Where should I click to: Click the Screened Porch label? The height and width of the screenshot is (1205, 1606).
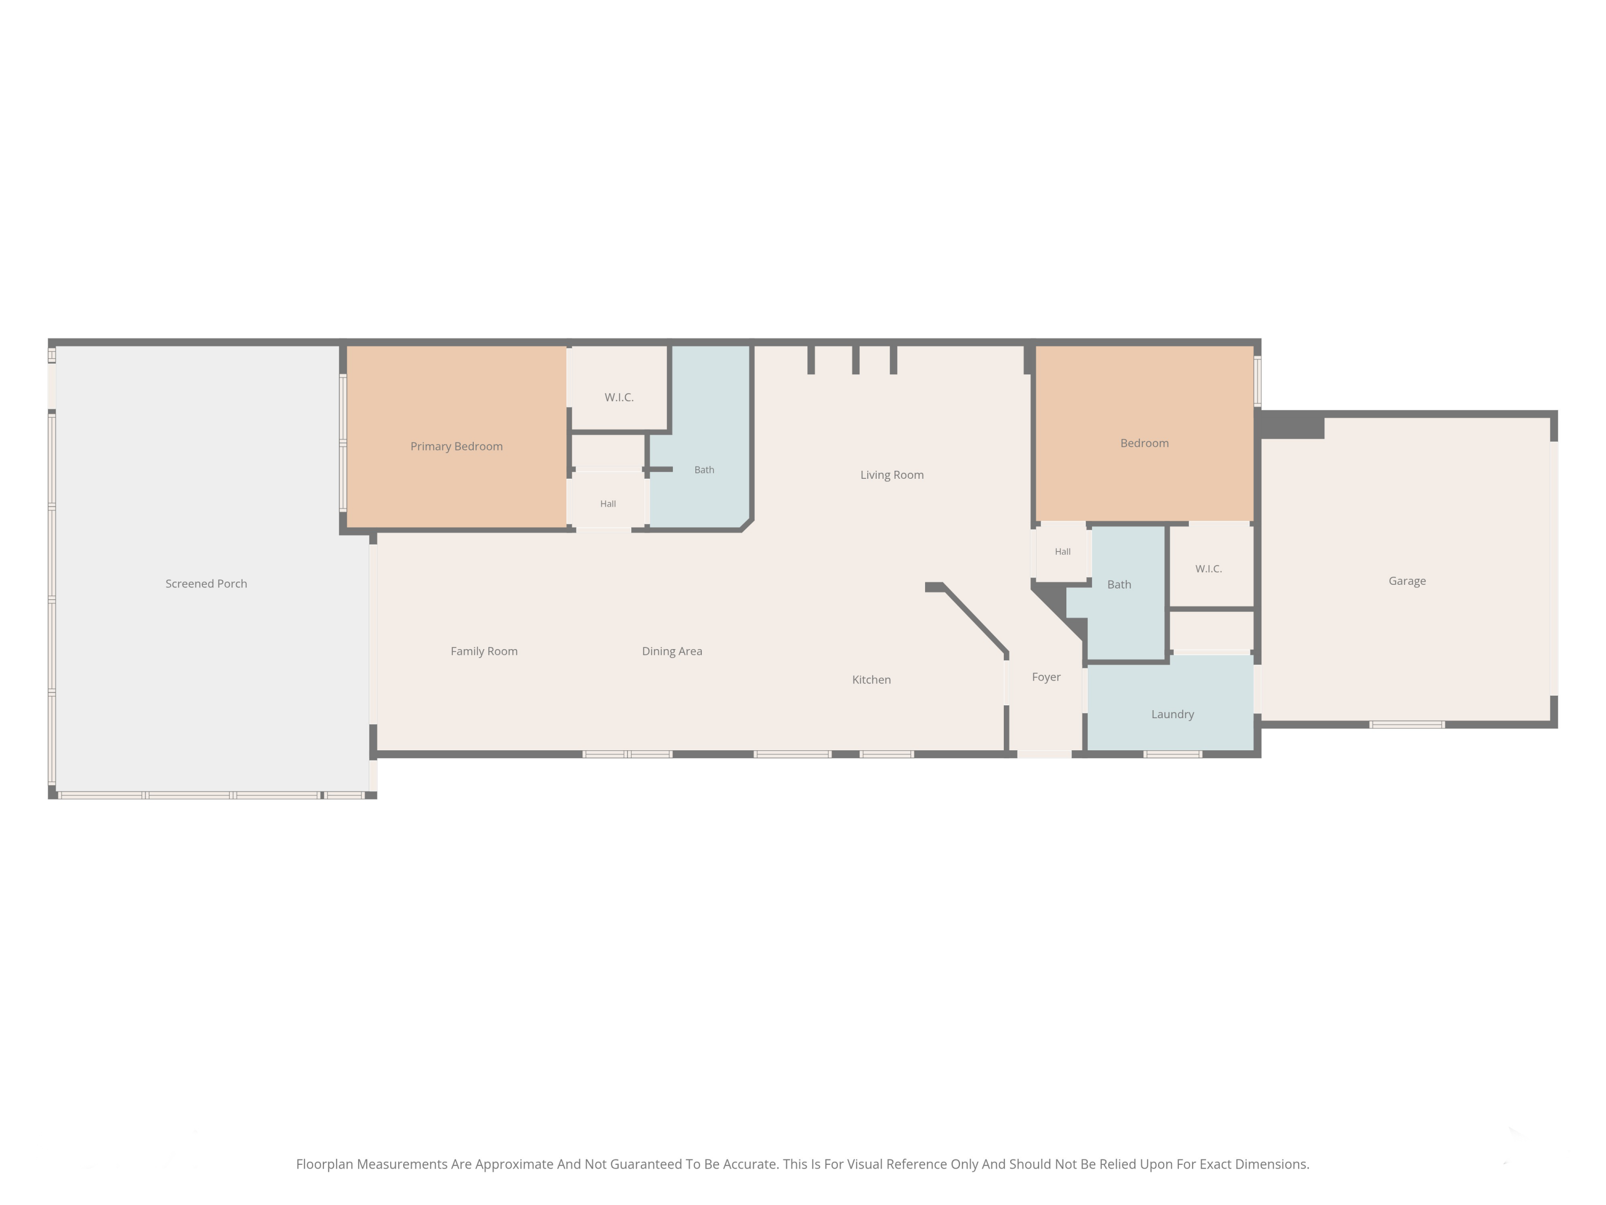pos(206,584)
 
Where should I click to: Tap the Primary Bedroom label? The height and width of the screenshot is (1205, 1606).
pos(457,447)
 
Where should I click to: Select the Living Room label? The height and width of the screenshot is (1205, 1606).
pos(892,475)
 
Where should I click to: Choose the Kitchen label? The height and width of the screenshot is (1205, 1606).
pos(871,680)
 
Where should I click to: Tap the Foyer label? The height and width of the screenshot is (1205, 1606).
pos(1046,677)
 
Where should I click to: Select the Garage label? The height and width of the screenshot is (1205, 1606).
pos(1407,581)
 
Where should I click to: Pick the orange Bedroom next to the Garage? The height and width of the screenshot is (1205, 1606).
pos(1144,443)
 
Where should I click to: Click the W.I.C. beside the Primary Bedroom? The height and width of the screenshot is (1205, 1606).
pos(619,397)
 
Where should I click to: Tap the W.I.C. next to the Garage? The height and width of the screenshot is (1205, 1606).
pos(1209,569)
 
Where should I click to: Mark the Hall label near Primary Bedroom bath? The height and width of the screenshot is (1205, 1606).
pos(609,504)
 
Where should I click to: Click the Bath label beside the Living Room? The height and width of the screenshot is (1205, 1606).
pos(704,470)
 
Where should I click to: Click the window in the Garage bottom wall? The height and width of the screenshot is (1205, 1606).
pos(1407,724)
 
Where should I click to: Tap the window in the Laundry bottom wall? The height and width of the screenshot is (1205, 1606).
pos(1172,754)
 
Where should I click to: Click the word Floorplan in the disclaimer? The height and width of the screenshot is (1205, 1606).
pos(324,1164)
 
